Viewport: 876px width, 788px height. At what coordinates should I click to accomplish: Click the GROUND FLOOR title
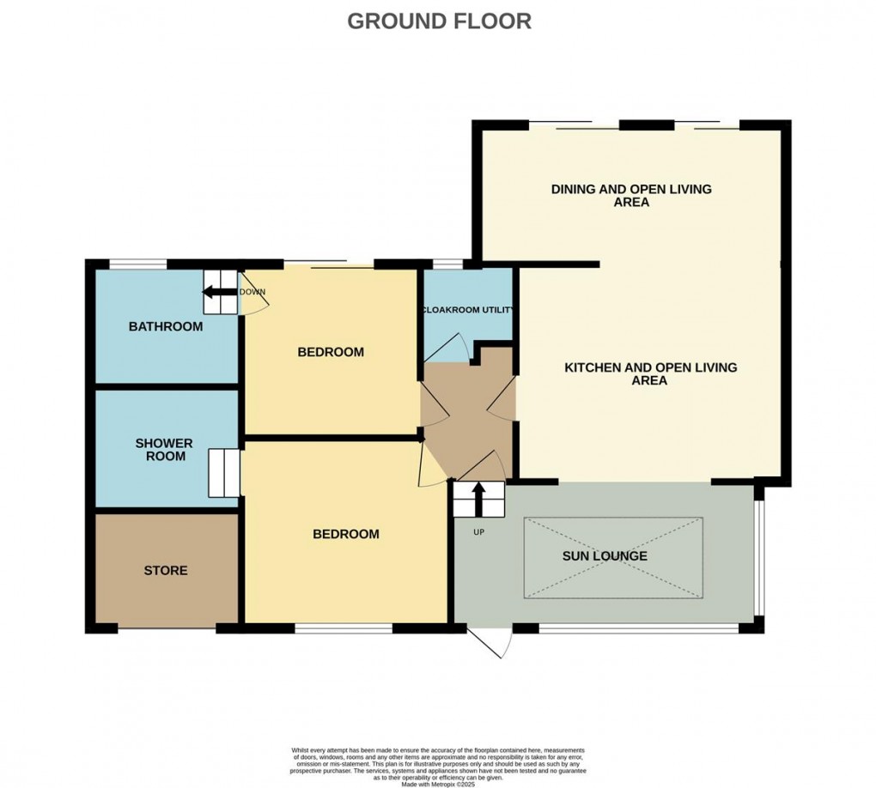point(439,21)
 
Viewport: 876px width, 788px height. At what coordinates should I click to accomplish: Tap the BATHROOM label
point(166,326)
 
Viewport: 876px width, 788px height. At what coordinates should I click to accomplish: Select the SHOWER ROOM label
point(165,450)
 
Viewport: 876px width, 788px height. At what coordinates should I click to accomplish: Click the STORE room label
point(166,570)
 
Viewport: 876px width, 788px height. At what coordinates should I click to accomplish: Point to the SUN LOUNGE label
point(605,556)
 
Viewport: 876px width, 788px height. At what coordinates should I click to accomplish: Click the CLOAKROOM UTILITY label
point(468,310)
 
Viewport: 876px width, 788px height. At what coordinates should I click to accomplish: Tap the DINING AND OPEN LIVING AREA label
point(631,196)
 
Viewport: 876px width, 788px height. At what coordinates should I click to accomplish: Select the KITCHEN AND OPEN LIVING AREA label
point(650,373)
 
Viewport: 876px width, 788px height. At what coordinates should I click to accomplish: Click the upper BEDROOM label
point(331,352)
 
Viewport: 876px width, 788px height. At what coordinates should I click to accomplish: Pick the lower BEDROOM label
point(345,534)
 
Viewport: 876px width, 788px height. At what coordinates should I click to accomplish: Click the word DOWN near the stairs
point(252,292)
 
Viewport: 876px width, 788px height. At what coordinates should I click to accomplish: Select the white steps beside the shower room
point(222,473)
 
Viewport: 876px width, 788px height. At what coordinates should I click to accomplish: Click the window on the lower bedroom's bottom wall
point(343,629)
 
